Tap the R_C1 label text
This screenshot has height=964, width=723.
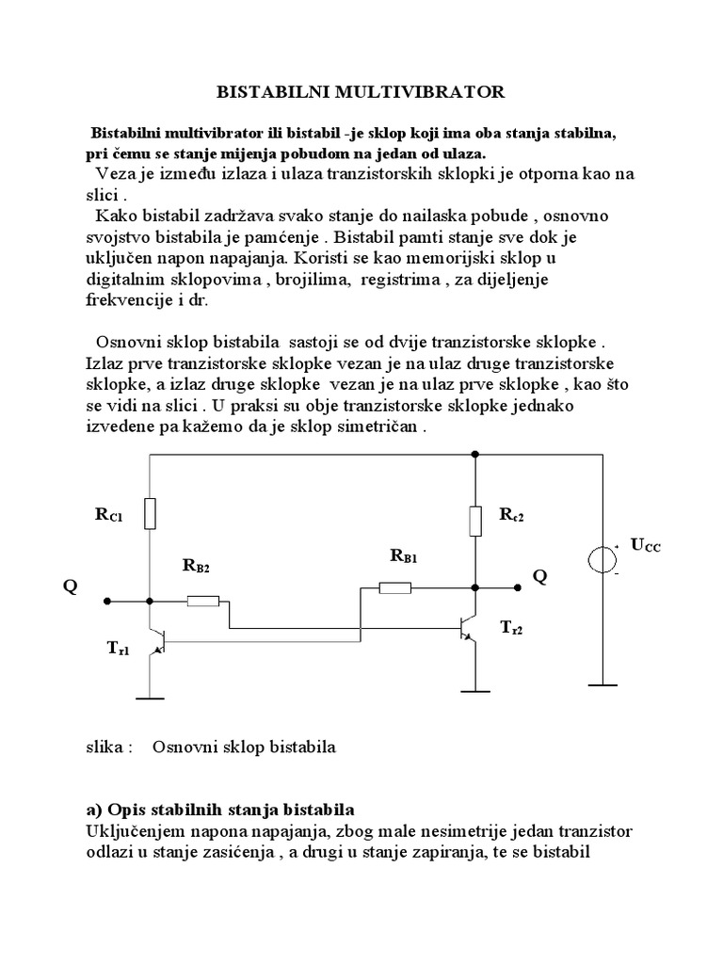click(108, 514)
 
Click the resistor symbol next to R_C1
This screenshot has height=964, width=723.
click(151, 513)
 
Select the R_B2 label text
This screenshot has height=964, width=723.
click(197, 567)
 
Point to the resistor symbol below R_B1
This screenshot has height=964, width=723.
click(394, 588)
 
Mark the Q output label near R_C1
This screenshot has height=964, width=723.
click(70, 586)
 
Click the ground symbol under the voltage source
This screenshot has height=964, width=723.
click(602, 683)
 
